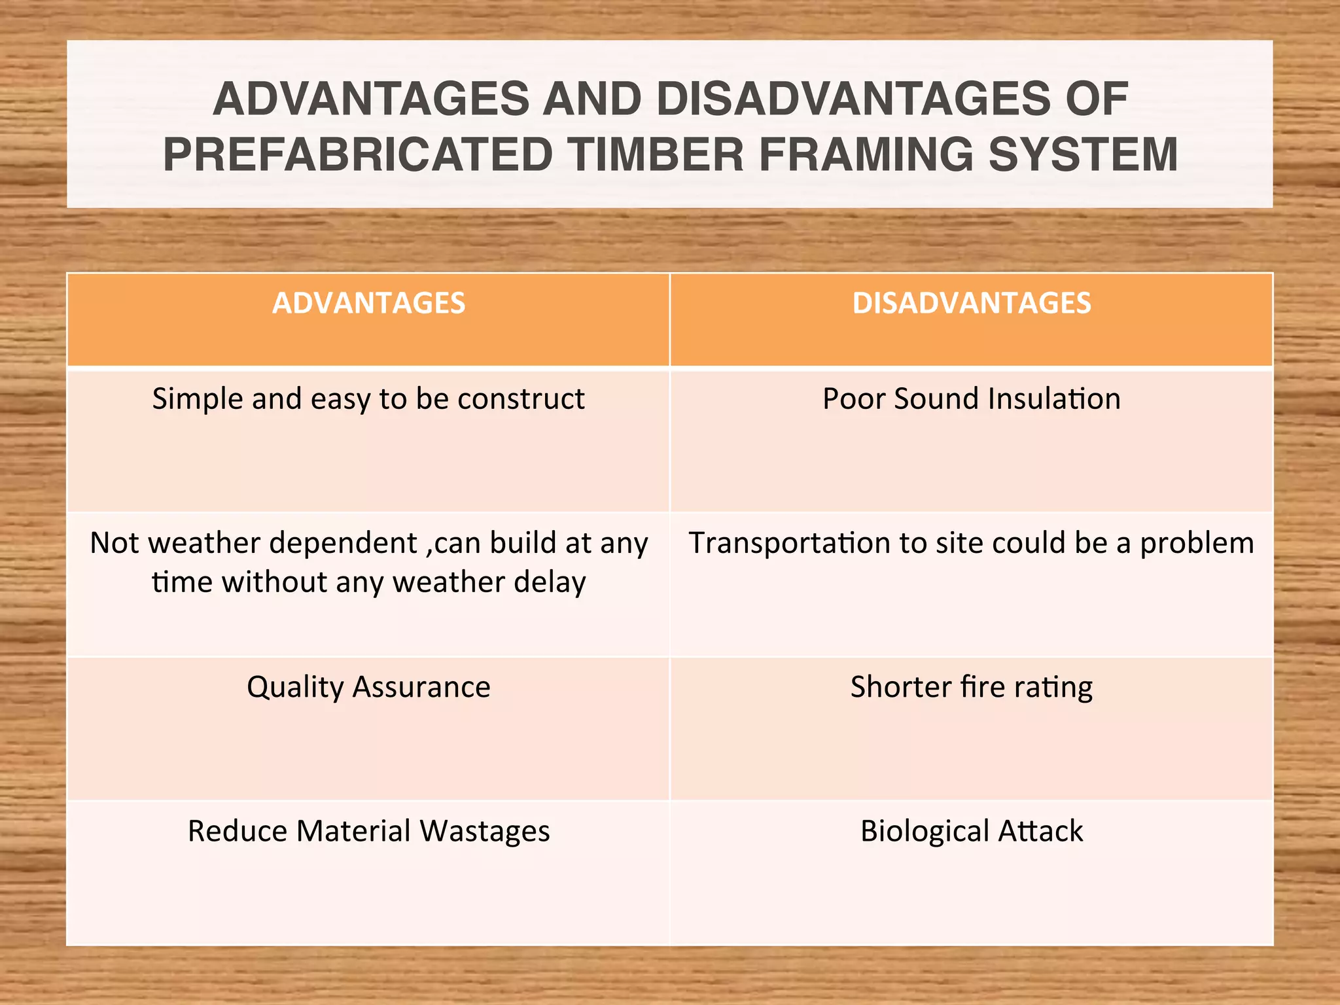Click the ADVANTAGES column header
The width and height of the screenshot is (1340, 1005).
tap(368, 304)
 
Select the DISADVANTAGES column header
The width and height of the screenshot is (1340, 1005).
tap(972, 304)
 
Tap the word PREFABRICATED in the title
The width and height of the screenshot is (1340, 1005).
tap(358, 155)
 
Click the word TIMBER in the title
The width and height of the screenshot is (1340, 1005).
tap(655, 155)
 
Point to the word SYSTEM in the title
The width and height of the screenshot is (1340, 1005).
tap(1083, 155)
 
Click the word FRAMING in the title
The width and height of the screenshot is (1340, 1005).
tap(866, 155)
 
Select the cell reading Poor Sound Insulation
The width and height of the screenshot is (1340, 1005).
tap(972, 399)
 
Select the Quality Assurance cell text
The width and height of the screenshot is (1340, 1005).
tap(368, 688)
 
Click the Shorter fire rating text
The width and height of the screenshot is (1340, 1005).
tap(972, 688)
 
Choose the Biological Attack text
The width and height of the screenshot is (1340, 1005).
tap(972, 832)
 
